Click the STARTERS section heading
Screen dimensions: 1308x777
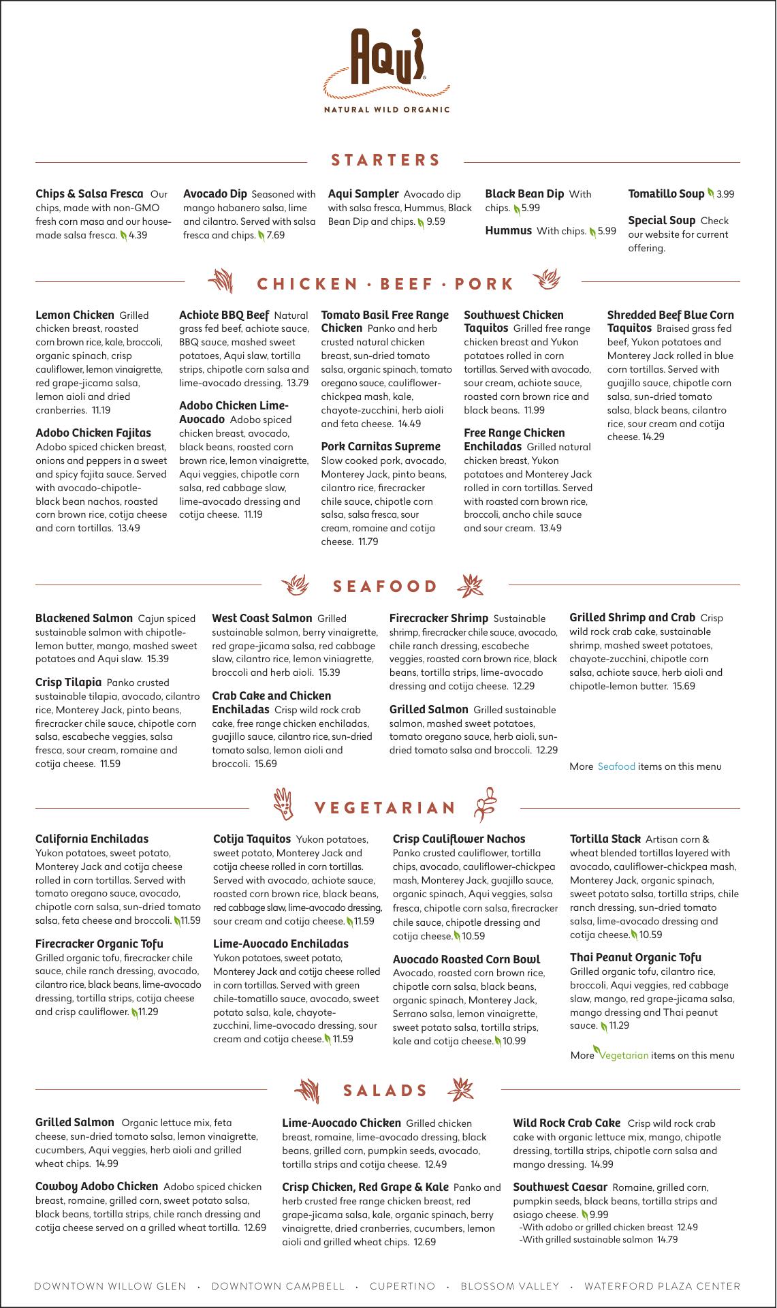385,161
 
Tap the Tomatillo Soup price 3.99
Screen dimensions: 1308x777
725,194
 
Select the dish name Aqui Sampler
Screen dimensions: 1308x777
363,194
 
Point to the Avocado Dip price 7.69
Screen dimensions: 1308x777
276,235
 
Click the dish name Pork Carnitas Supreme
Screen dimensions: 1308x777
381,447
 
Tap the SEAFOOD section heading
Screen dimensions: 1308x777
385,587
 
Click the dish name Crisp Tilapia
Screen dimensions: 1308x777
68,683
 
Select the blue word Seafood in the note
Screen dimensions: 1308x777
616,766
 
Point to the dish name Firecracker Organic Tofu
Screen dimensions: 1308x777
99,944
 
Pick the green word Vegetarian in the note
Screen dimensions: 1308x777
624,1055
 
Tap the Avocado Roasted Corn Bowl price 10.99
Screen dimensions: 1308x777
514,1041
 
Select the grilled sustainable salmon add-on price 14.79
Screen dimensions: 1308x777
667,1240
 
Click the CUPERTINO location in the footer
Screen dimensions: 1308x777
402,1286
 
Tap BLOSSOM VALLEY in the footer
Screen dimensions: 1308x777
510,1286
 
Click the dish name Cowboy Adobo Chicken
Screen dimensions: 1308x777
97,1187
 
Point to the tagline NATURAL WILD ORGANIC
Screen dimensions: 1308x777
386,109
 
